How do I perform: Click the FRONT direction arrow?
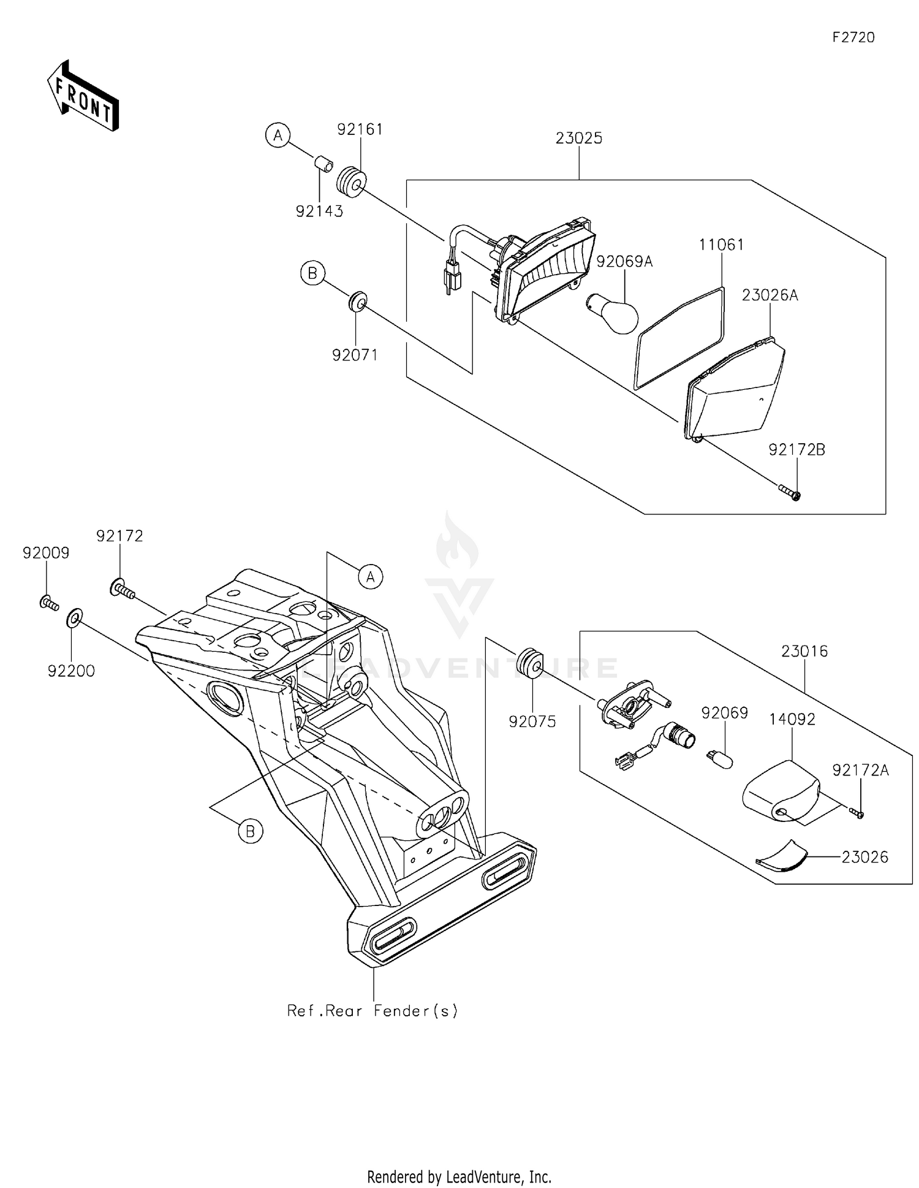point(83,96)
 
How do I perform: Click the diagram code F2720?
point(853,37)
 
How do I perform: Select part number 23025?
point(579,139)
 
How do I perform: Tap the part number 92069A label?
point(624,262)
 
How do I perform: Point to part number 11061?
point(722,245)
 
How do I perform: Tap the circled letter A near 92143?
point(278,135)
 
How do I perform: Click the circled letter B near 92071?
point(312,273)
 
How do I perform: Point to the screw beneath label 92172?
point(123,590)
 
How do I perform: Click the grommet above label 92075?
point(529,662)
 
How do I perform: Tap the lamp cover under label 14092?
point(781,790)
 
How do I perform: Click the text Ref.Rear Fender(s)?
point(373,1011)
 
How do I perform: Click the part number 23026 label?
point(864,857)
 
